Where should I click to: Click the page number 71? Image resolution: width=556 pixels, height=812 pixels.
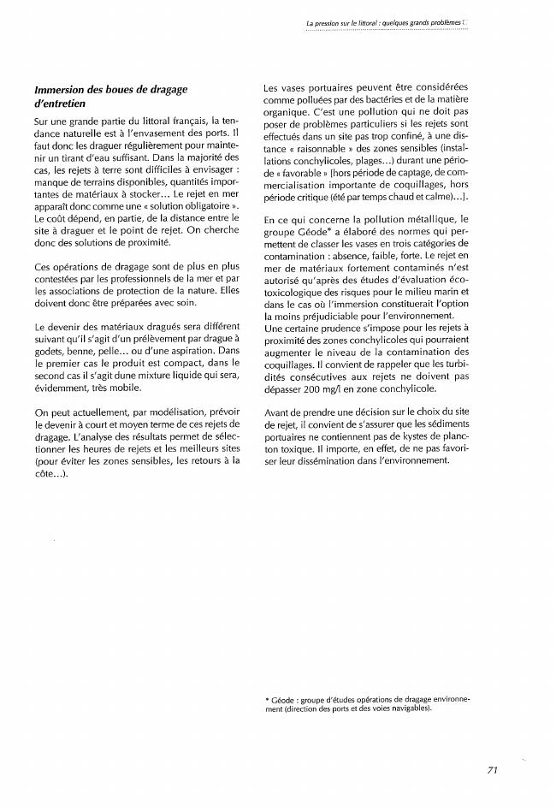click(492, 770)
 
